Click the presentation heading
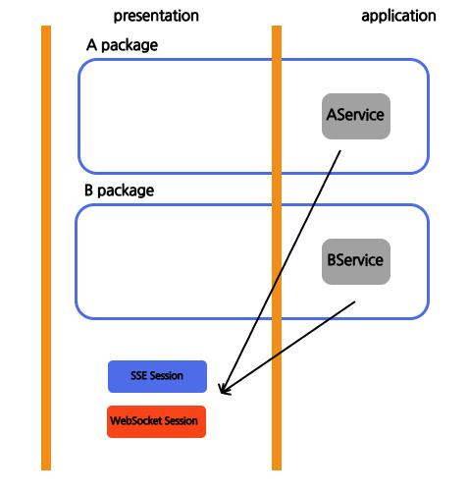click(156, 16)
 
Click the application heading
click(398, 16)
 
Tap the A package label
click(122, 45)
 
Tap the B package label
click(119, 191)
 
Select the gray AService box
click(356, 116)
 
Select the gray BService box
click(356, 261)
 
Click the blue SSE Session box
click(157, 376)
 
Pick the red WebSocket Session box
click(156, 421)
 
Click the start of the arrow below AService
click(340, 150)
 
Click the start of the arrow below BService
click(355, 301)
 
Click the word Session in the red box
click(181, 420)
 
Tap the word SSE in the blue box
click(138, 375)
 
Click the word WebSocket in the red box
click(136, 420)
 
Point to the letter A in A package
click(91, 45)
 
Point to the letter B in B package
click(88, 191)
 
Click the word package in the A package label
click(130, 46)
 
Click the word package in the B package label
click(126, 191)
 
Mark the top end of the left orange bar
click(46, 26)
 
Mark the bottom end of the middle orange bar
click(277, 470)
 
